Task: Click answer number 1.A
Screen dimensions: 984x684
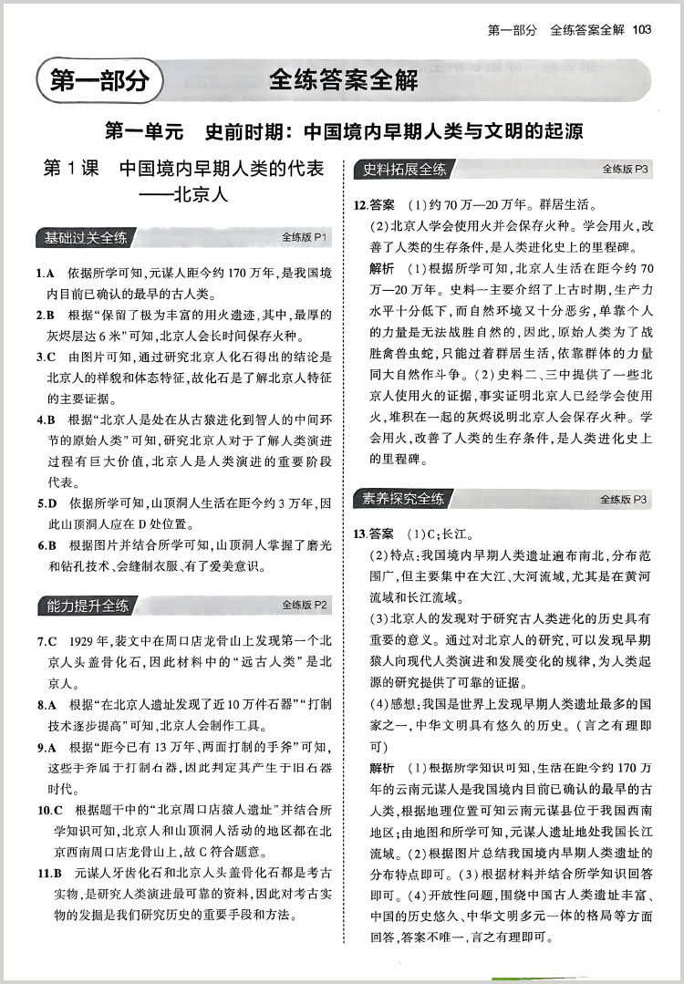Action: point(47,274)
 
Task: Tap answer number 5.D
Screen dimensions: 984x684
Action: point(47,502)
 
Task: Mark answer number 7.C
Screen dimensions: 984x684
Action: point(47,641)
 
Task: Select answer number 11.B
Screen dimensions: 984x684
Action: point(50,873)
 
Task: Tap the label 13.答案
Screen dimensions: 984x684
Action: point(374,533)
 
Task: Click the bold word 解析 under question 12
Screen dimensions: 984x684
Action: point(382,268)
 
